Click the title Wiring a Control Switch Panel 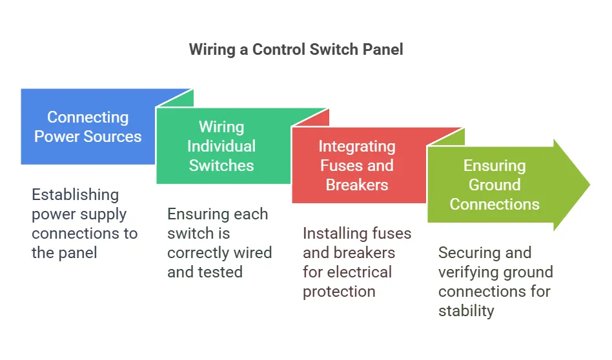pos(296,50)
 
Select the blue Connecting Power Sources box pos(88,126)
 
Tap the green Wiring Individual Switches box pos(221,146)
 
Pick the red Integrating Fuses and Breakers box pos(356,165)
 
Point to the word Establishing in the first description pos(76,194)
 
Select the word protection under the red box pos(339,291)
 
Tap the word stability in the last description pos(466,310)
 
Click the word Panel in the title pos(382,50)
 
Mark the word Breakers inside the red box pos(357,185)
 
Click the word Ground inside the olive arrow pos(495,185)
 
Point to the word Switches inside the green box pos(221,165)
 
